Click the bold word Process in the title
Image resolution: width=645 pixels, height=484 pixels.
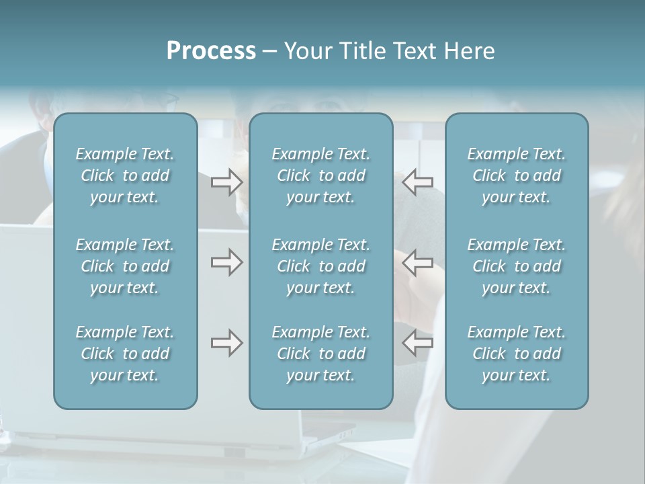[x=211, y=51]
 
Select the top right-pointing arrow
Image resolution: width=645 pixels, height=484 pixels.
[x=227, y=182]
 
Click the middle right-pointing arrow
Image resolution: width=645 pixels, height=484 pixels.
[x=227, y=262]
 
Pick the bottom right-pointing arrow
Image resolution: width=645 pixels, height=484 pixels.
[x=227, y=344]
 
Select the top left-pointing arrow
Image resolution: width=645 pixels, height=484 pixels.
[x=418, y=182]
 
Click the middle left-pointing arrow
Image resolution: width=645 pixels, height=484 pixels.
[x=418, y=262]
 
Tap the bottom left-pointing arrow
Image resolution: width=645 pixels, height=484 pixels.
[x=418, y=344]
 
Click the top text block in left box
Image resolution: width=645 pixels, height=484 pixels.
[x=125, y=175]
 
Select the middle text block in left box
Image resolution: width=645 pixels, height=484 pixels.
[x=125, y=266]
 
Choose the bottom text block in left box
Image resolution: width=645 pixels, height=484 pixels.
[x=125, y=354]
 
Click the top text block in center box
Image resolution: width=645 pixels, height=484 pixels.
[x=321, y=175]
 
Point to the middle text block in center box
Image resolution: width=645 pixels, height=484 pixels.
[x=321, y=266]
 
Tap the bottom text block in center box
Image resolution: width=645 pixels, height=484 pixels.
[x=321, y=354]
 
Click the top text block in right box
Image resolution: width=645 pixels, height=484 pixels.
[x=517, y=175]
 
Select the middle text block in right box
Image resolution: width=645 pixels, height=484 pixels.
[x=517, y=266]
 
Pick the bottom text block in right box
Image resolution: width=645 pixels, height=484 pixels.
[x=517, y=354]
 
